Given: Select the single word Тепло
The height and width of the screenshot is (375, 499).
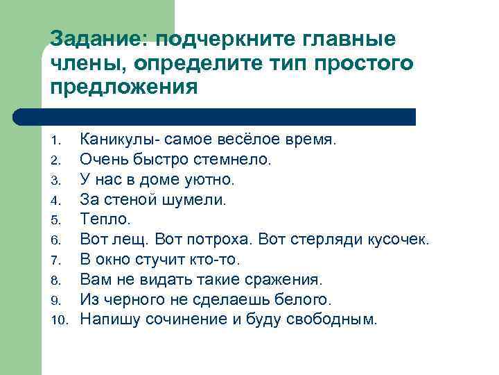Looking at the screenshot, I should coord(105,219).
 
